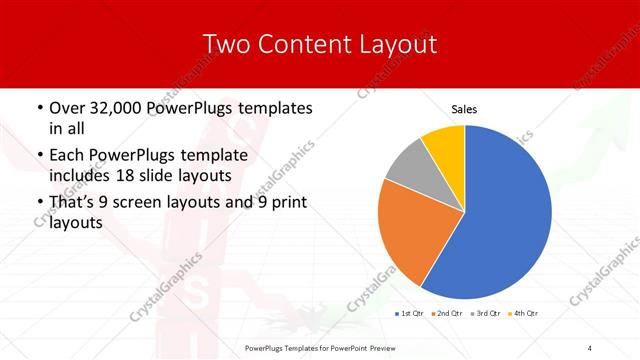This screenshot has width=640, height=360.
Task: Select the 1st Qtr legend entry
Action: pyautogui.click(x=409, y=315)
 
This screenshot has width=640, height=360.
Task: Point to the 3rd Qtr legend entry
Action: pyautogui.click(x=487, y=315)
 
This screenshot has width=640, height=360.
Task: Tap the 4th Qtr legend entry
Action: pyautogui.click(x=525, y=315)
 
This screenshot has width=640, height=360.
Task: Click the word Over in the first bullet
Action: pyautogui.click(x=68, y=108)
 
